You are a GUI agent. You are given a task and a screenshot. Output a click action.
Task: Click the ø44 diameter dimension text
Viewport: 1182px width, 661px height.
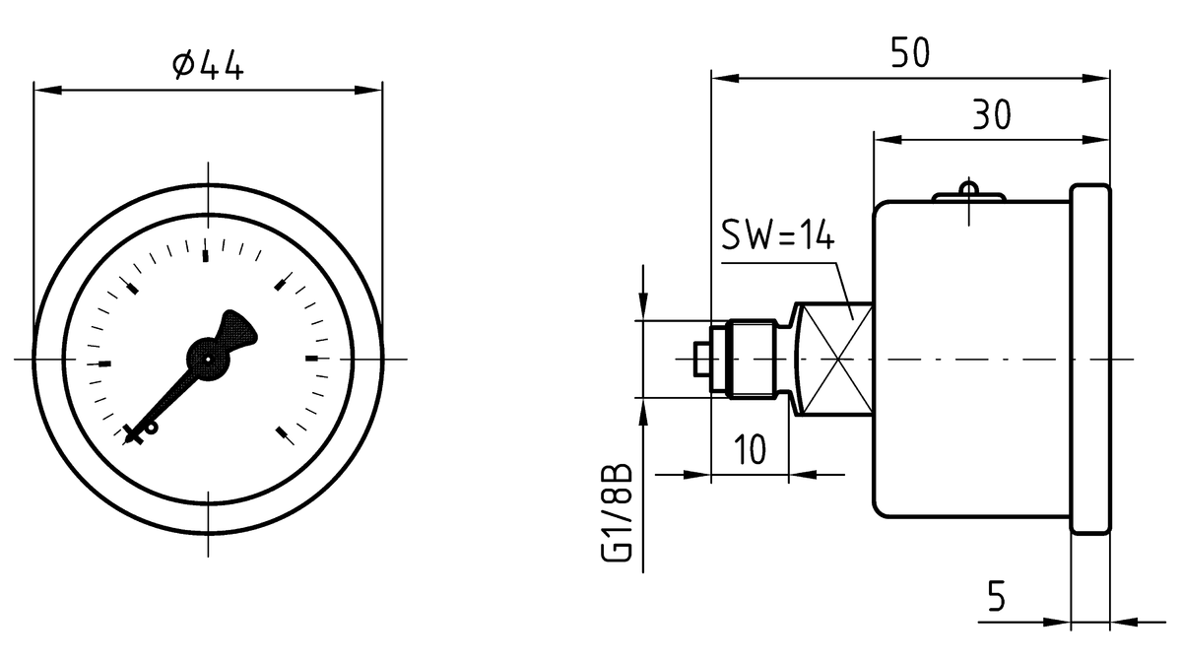click(x=207, y=66)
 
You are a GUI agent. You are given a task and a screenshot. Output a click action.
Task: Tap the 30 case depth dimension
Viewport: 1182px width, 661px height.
click(x=992, y=115)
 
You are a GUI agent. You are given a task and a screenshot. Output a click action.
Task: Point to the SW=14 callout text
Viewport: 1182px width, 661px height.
click(x=778, y=236)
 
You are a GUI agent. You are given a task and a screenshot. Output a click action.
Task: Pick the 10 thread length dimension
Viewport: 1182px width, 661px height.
click(x=751, y=450)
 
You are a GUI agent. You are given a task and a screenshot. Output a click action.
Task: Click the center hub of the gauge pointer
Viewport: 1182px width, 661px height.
click(x=208, y=361)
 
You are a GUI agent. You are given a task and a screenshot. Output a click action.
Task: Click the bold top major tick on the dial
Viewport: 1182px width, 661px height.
click(x=207, y=256)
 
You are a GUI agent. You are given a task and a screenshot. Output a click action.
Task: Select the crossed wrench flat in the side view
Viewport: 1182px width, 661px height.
click(x=834, y=360)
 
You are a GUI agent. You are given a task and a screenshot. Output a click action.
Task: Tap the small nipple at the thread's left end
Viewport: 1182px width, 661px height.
click(x=700, y=360)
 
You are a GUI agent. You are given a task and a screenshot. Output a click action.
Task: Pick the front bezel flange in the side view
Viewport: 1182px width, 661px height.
click(x=1090, y=360)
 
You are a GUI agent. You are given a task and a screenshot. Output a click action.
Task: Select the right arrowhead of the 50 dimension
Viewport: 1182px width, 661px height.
click(x=1097, y=78)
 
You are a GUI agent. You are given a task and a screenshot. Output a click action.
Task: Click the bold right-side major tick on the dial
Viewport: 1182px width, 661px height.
click(x=313, y=360)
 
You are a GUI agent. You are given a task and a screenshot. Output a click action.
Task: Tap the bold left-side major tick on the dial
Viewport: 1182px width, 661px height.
click(x=103, y=364)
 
